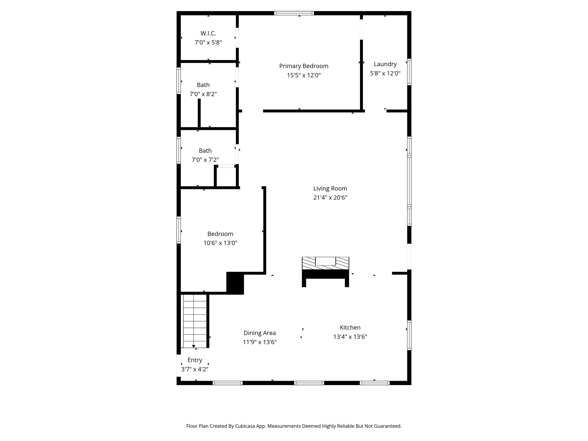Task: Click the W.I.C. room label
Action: point(208,33)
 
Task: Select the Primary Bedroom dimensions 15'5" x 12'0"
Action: point(303,75)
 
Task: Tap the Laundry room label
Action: point(385,64)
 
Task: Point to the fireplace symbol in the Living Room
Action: point(325,263)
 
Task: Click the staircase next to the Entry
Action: point(195,321)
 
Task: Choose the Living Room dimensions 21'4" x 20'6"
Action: point(330,198)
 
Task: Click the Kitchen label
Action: point(350,327)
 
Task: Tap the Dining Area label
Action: point(260,333)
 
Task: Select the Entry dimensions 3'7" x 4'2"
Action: point(195,369)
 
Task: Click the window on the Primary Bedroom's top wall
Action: point(294,13)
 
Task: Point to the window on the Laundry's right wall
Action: point(409,72)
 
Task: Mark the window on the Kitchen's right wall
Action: point(409,335)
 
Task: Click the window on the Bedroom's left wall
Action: point(179,230)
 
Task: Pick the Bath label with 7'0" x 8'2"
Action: point(203,85)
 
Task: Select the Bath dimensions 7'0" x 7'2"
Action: point(205,160)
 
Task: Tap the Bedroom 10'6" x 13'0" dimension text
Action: point(220,243)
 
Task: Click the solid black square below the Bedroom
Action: point(235,283)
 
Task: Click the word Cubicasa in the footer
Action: point(246,426)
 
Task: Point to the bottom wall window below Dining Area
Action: point(227,383)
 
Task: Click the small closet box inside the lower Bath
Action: point(226,177)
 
